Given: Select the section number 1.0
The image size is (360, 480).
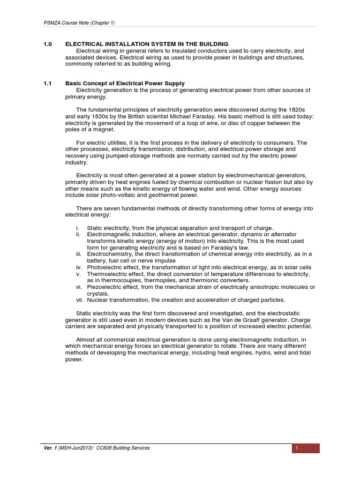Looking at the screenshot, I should click(47, 44).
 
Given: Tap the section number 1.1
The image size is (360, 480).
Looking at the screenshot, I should click(47, 83).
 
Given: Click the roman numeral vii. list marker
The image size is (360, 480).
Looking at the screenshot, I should click(79, 300).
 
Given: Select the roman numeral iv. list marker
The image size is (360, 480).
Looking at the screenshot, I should click(79, 267).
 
